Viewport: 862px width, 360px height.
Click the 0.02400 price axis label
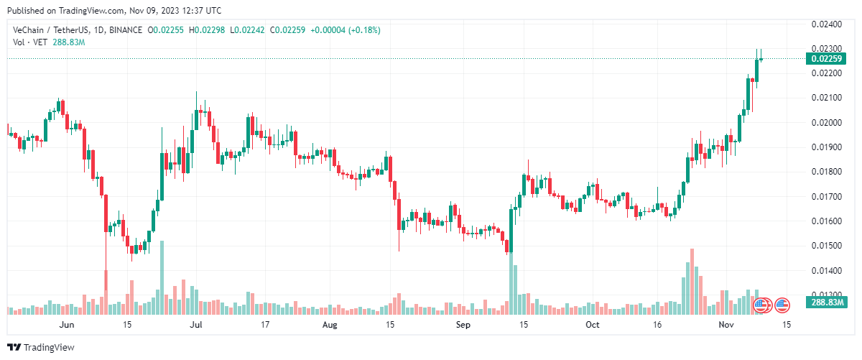tap(826, 24)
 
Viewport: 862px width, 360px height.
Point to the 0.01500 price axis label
tap(826, 246)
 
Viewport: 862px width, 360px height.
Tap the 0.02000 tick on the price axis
tap(826, 122)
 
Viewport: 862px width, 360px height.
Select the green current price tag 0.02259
tap(826, 59)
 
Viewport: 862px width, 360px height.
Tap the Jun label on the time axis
tap(66, 325)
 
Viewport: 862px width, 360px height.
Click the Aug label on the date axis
tap(329, 325)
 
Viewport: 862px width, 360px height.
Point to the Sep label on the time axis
tap(463, 325)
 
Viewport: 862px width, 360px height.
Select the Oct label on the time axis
tap(592, 325)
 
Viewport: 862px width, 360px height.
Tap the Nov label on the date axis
tap(726, 325)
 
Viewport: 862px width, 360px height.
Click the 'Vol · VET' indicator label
tap(29, 42)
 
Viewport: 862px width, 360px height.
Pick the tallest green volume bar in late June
tap(162, 277)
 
